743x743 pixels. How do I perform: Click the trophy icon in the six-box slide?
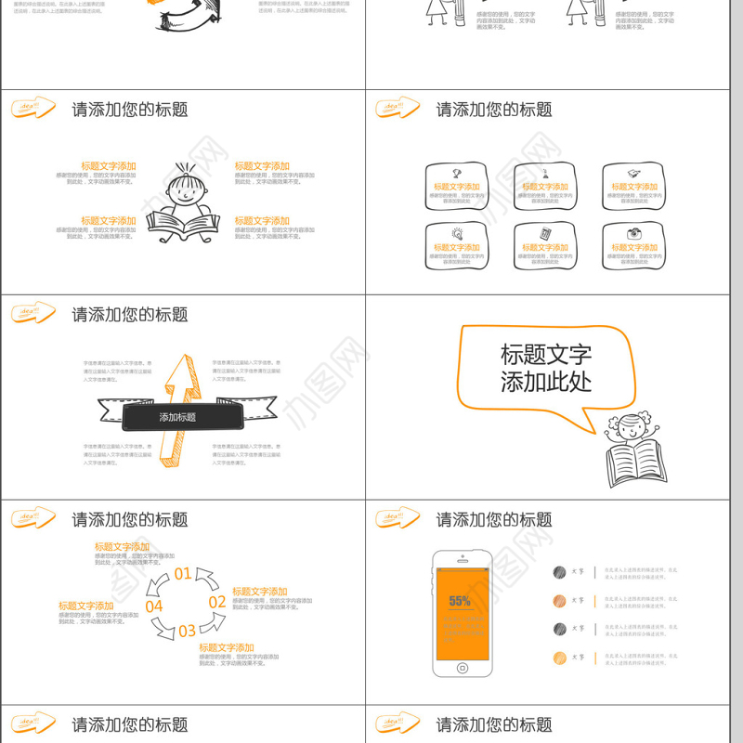click(x=457, y=173)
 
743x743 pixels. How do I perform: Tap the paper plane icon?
click(x=633, y=173)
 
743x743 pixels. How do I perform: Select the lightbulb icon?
click(x=457, y=233)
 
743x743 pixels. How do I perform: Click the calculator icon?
click(x=545, y=233)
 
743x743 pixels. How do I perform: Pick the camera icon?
click(x=633, y=233)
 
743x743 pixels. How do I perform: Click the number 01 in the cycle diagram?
click(x=183, y=574)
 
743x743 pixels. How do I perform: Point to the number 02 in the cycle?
click(x=216, y=602)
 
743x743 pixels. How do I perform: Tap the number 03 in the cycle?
click(x=187, y=631)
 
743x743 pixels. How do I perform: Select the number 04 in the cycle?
click(x=154, y=606)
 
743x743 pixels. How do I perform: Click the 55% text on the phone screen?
click(x=460, y=601)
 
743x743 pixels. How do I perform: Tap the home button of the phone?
click(x=462, y=666)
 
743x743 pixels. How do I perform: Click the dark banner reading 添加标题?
click(x=177, y=417)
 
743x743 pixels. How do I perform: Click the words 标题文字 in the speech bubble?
click(x=545, y=354)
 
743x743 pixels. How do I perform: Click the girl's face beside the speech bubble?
click(x=632, y=428)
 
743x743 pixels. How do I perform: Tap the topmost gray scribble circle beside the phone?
click(x=559, y=572)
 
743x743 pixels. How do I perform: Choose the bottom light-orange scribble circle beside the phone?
click(x=559, y=658)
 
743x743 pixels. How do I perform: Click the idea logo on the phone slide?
click(x=398, y=518)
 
